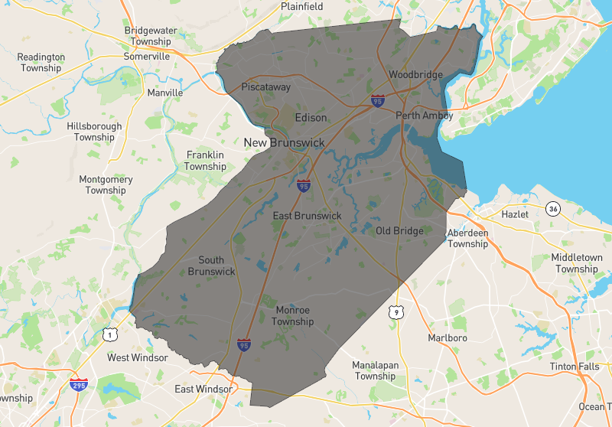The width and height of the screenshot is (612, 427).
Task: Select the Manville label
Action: click(x=165, y=93)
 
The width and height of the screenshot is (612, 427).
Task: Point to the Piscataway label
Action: click(x=266, y=87)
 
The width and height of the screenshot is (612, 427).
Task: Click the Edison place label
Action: click(x=311, y=118)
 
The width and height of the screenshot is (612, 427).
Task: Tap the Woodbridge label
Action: click(x=415, y=75)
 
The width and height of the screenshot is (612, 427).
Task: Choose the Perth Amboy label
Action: click(x=425, y=116)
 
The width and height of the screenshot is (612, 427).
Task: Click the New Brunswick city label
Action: click(x=284, y=143)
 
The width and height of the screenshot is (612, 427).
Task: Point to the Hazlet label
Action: click(x=514, y=214)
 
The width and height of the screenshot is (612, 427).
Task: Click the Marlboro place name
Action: click(x=448, y=337)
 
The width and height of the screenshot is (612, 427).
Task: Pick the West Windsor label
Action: click(x=138, y=357)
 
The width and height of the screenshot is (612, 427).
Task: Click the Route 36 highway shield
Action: click(x=553, y=208)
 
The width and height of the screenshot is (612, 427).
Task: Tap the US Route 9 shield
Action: click(x=395, y=311)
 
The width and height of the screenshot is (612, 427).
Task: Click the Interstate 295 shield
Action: click(x=78, y=384)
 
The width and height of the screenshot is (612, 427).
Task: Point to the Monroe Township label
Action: click(x=293, y=316)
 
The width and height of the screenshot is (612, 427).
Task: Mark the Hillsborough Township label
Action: click(x=94, y=132)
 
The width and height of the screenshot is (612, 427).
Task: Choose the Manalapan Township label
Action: click(x=375, y=370)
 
